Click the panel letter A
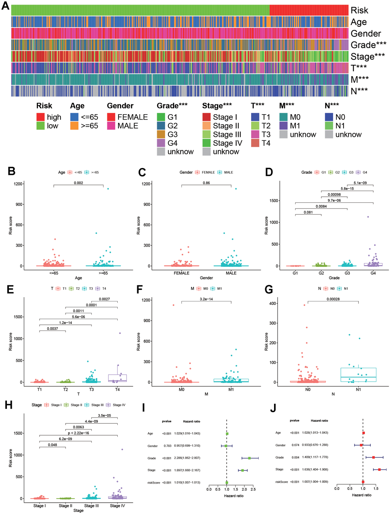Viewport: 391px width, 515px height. coord(5,6)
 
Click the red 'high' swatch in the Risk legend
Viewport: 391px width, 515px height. coord(41,117)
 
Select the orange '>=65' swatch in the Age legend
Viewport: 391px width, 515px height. coord(74,126)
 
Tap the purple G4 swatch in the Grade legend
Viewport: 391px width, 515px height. coord(161,143)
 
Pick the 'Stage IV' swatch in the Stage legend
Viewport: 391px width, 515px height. coord(207,143)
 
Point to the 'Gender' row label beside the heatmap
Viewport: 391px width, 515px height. coord(366,34)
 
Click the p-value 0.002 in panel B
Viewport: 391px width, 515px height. coord(78,183)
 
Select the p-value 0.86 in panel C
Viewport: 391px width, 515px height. coord(206,183)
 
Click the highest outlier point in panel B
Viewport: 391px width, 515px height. coord(108,189)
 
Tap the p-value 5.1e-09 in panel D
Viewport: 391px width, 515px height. coord(360,183)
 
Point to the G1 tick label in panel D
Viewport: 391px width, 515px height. coord(295,273)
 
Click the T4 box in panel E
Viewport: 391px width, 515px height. coord(117,378)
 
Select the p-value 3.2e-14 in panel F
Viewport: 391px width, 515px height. coord(206,299)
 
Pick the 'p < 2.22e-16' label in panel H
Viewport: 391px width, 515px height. coord(78,433)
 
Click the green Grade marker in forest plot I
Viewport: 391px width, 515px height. coord(249,458)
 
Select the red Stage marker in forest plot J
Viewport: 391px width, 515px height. coord(379,469)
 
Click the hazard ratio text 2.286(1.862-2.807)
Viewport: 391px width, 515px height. coord(187,458)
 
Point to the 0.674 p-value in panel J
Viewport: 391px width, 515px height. coord(294,445)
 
